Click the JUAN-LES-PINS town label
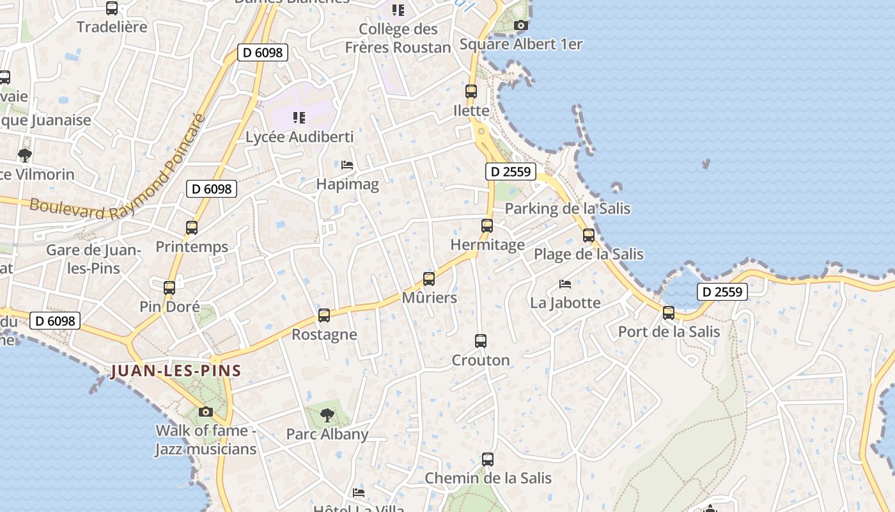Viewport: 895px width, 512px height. (x=176, y=371)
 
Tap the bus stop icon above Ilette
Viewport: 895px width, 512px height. (x=471, y=92)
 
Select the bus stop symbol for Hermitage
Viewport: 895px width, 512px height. (x=487, y=226)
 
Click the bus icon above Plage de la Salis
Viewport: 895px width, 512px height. (x=589, y=236)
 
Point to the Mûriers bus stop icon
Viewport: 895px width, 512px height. (x=429, y=279)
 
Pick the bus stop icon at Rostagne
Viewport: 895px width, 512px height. (x=324, y=316)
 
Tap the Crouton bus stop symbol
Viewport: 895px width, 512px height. (x=481, y=341)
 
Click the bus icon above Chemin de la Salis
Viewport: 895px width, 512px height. (x=488, y=460)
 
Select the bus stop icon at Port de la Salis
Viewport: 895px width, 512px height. (x=669, y=313)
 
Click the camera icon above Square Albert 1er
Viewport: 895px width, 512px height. (x=521, y=26)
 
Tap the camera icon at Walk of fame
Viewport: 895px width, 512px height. (x=206, y=412)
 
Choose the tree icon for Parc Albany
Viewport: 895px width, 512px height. (x=327, y=415)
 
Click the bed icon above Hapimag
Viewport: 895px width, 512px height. (x=347, y=165)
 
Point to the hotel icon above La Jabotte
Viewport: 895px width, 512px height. (x=565, y=284)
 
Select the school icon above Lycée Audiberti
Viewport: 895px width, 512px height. (x=299, y=118)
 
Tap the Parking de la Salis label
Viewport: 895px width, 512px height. (x=567, y=209)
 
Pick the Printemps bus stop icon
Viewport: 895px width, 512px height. (x=192, y=227)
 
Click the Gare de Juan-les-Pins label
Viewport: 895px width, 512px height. (x=93, y=259)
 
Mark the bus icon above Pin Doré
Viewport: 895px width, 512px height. (x=169, y=288)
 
